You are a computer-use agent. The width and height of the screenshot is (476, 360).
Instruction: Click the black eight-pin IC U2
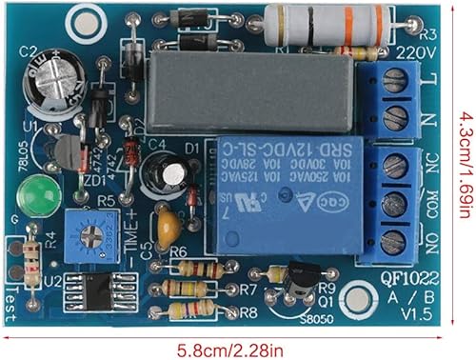point(104,288)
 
